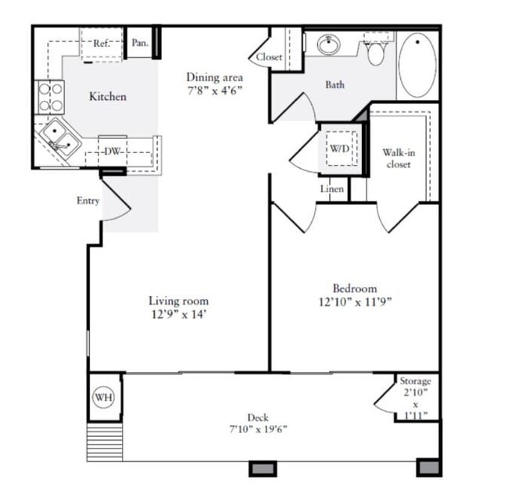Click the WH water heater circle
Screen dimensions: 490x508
104,398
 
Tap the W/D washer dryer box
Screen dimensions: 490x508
339,148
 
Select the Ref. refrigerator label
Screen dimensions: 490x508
101,44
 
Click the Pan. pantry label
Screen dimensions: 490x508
140,43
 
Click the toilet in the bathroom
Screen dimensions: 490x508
377,52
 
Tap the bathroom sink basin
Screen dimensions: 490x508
328,46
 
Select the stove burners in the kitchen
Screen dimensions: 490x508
51,97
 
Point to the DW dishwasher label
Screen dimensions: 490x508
113,152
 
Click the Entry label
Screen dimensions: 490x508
88,201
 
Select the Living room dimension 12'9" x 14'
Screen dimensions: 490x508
179,315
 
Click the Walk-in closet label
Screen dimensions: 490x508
398,159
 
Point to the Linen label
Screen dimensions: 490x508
332,189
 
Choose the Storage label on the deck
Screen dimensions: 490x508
415,381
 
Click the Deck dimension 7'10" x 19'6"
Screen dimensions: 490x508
257,429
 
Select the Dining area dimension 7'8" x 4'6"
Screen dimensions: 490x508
214,91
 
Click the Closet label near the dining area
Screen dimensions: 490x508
269,57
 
